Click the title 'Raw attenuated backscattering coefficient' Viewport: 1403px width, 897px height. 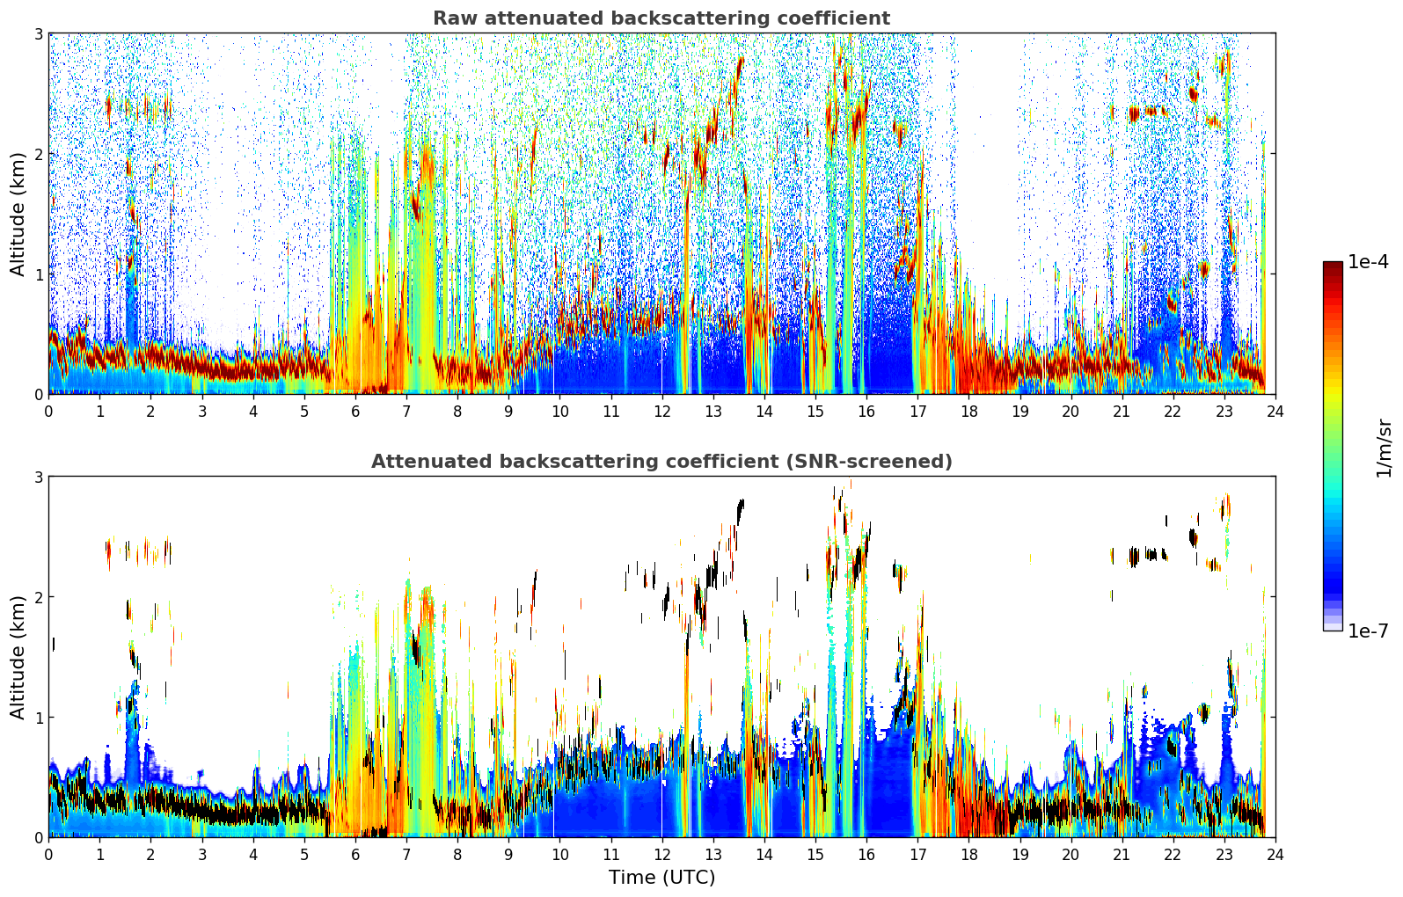(661, 18)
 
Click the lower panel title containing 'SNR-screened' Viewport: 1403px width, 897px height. (661, 462)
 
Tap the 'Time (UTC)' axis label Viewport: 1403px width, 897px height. (661, 878)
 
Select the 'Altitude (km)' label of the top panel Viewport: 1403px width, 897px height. (18, 214)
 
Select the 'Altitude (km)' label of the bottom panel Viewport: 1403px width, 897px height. (18, 657)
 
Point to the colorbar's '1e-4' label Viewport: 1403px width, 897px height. (1368, 262)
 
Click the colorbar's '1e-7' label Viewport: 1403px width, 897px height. (1368, 631)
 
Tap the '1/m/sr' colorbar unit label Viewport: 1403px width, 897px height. (1384, 448)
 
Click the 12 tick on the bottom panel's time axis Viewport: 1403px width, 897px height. (661, 854)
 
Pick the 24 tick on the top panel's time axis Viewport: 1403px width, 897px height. (1275, 411)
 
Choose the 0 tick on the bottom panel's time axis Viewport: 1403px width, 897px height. (48, 854)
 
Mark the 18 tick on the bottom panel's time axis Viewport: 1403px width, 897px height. (968, 854)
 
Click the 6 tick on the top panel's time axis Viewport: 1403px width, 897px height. (355, 411)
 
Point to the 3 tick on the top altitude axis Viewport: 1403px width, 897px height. (39, 34)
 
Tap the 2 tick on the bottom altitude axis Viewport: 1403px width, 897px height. (39, 597)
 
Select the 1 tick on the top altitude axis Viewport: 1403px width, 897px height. (39, 274)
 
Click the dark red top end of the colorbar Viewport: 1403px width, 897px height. (1332, 266)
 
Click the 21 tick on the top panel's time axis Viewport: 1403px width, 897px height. (1122, 411)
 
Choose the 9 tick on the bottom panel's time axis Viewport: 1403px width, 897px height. (508, 854)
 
